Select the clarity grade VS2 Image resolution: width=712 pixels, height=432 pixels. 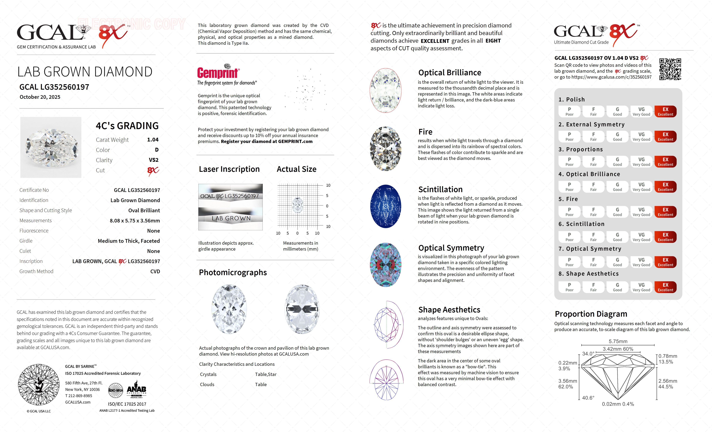pyautogui.click(x=153, y=160)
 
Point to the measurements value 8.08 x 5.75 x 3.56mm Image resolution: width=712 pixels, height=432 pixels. pyautogui.click(x=135, y=221)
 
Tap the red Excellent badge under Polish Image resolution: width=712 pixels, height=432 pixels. pyautogui.click(x=665, y=111)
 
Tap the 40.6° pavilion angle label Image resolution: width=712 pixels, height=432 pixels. pyautogui.click(x=588, y=398)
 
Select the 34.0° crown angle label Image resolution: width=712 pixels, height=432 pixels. pyautogui.click(x=588, y=354)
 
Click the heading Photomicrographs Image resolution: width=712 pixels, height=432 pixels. pyautogui.click(x=233, y=272)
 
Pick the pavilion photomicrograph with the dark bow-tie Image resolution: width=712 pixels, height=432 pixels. pyautogui.click(x=302, y=309)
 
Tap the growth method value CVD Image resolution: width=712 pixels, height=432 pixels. pyautogui.click(x=155, y=271)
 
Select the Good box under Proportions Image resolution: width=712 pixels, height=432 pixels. pyautogui.click(x=617, y=162)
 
